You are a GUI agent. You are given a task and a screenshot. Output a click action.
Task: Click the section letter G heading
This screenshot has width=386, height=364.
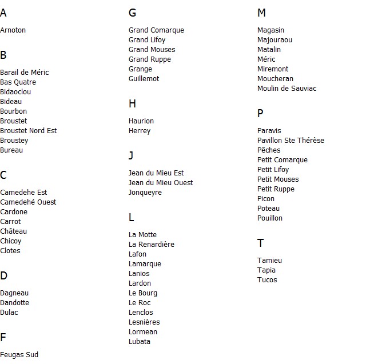pos(133,13)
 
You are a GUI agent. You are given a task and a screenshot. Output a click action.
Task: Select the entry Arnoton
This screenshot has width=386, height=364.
pos(13,30)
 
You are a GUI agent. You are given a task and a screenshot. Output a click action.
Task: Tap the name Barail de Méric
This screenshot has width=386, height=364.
pos(25,73)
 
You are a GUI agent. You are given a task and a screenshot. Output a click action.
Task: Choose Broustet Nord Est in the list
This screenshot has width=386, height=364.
pos(29,131)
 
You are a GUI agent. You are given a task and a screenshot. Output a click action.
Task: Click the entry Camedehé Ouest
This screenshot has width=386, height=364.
pos(28,202)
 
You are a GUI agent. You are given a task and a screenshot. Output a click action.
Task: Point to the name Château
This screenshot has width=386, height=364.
pos(14,231)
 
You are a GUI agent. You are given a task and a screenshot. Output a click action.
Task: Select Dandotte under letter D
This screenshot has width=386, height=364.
pos(15,303)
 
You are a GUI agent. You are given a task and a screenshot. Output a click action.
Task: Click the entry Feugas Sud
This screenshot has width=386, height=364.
pos(19,355)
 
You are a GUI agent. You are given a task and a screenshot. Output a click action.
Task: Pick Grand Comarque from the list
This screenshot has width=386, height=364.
pos(156,30)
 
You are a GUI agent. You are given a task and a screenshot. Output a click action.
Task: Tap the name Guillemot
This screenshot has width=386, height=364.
pos(144,79)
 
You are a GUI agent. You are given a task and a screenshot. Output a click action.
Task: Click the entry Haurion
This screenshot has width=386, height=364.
pos(141,121)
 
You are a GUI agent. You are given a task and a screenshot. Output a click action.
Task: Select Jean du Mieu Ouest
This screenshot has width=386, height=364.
pos(161,183)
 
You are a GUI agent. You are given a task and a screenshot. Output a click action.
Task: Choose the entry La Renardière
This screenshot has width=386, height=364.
pos(152,245)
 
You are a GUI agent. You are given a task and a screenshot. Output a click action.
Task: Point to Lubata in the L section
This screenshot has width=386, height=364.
pos(140,342)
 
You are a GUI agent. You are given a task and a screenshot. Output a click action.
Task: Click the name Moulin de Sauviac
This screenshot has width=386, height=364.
pos(286,89)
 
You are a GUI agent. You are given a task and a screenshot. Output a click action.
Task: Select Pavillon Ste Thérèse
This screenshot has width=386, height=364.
pos(291,141)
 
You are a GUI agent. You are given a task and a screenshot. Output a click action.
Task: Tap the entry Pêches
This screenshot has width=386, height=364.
pos(269,150)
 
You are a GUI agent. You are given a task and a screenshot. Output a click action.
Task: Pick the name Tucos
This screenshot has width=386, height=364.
pos(267,280)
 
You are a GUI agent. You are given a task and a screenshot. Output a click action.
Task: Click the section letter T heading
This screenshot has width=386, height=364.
pos(261,243)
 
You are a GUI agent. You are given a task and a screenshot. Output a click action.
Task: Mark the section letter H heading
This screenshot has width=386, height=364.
pos(133,104)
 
